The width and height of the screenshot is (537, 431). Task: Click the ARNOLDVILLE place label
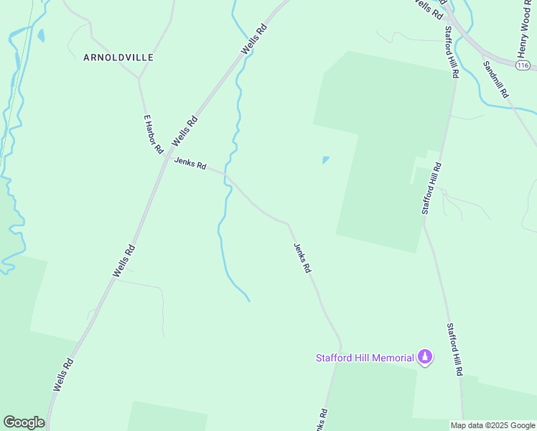click(x=118, y=57)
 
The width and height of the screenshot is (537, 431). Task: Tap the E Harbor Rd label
click(x=154, y=134)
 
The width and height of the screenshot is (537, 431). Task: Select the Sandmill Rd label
click(x=495, y=79)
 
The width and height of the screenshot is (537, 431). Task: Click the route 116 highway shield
click(x=523, y=65)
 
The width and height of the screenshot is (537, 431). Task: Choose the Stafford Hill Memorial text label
click(x=365, y=358)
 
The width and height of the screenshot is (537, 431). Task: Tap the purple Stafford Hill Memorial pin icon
click(x=426, y=356)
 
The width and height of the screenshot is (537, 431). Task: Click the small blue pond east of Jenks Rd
click(x=326, y=159)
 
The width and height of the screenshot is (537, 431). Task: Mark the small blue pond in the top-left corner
click(x=41, y=35)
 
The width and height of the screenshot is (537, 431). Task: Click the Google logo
click(x=24, y=422)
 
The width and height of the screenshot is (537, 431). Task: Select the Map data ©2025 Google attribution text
click(x=492, y=425)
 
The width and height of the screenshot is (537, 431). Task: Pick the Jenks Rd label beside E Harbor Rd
click(x=190, y=164)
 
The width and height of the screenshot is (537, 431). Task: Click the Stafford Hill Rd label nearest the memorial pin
click(x=454, y=350)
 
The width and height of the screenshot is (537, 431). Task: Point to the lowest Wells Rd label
click(x=63, y=375)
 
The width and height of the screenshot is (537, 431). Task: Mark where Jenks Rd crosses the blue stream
click(x=227, y=177)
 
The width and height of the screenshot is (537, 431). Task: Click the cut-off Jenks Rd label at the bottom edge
click(x=322, y=420)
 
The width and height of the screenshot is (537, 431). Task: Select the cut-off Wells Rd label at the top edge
click(x=429, y=9)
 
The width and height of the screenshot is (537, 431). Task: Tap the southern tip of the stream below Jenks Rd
click(x=249, y=300)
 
